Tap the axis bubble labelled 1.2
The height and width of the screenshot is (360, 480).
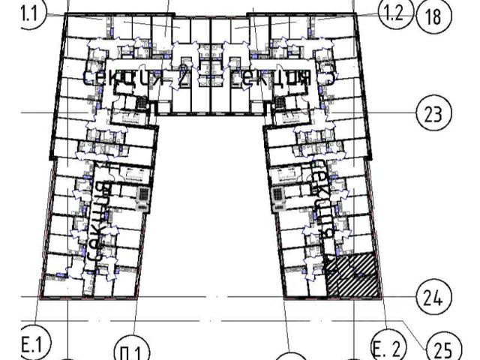point(394,11)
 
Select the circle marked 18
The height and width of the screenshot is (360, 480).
point(433,16)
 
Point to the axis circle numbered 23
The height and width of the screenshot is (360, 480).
point(433,115)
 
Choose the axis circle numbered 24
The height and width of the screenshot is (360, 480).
point(431,298)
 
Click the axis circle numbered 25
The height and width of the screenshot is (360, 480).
point(442,347)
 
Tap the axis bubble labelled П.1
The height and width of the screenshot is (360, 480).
point(132,351)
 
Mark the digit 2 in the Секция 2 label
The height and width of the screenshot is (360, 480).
point(181,77)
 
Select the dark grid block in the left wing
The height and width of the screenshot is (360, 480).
point(142,196)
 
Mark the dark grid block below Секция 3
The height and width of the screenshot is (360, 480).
point(280,102)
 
